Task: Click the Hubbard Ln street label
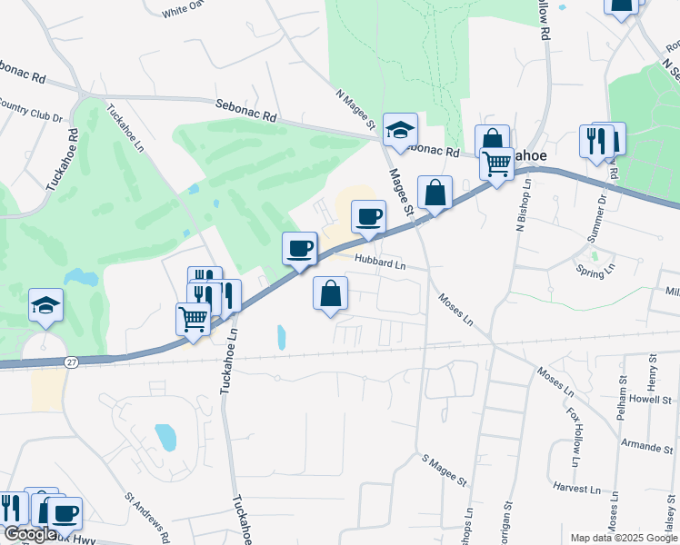380,263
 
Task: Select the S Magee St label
443,470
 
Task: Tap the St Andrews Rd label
147,513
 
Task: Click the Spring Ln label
595,270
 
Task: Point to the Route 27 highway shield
71,362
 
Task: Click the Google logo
29,534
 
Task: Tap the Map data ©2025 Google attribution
624,538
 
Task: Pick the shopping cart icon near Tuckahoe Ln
193,319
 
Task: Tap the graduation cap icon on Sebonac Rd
399,129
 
